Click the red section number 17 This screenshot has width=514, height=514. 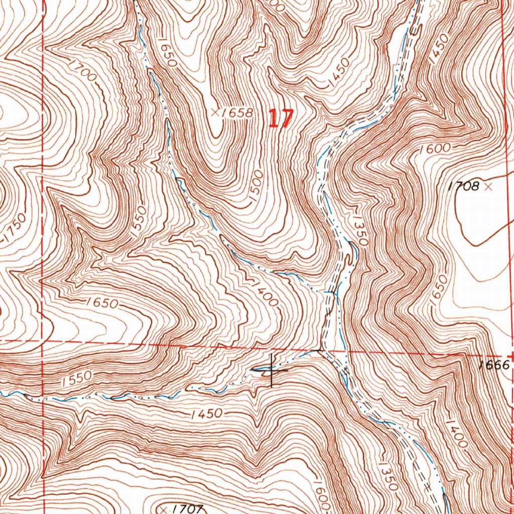coord(280,119)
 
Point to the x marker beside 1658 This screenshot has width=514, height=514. coord(215,112)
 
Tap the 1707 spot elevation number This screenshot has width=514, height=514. coord(184,508)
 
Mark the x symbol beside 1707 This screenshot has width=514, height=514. coord(164,508)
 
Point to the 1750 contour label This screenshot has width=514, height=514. coord(15,232)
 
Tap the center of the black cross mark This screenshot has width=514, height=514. coord(272,370)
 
